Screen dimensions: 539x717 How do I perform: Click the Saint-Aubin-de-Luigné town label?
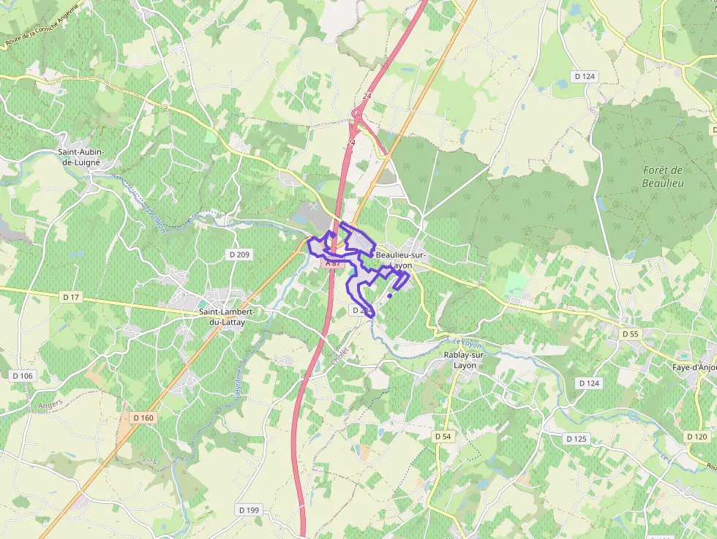[x=81, y=157]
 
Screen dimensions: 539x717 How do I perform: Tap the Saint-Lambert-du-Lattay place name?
[x=227, y=316]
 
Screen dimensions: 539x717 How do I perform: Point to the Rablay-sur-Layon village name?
[x=465, y=360]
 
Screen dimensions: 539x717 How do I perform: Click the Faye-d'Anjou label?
[x=694, y=368]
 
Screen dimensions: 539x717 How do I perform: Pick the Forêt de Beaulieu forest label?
[x=663, y=176]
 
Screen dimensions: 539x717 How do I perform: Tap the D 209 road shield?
[x=239, y=255]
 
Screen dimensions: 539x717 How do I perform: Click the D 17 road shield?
[x=71, y=296]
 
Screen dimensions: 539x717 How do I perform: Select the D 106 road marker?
[x=23, y=376]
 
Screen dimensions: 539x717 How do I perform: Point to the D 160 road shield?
[x=143, y=418]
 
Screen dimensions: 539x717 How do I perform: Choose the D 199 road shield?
[x=249, y=509]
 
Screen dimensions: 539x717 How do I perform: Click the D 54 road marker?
[x=443, y=436]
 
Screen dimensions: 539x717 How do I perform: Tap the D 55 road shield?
[x=630, y=333]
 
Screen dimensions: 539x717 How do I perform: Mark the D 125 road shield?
[x=577, y=438]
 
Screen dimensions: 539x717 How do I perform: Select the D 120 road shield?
[x=697, y=436]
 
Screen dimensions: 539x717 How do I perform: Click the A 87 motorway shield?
[x=333, y=263]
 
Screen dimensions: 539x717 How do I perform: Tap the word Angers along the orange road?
[x=50, y=403]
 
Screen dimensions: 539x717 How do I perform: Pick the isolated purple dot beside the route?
[x=390, y=296]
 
